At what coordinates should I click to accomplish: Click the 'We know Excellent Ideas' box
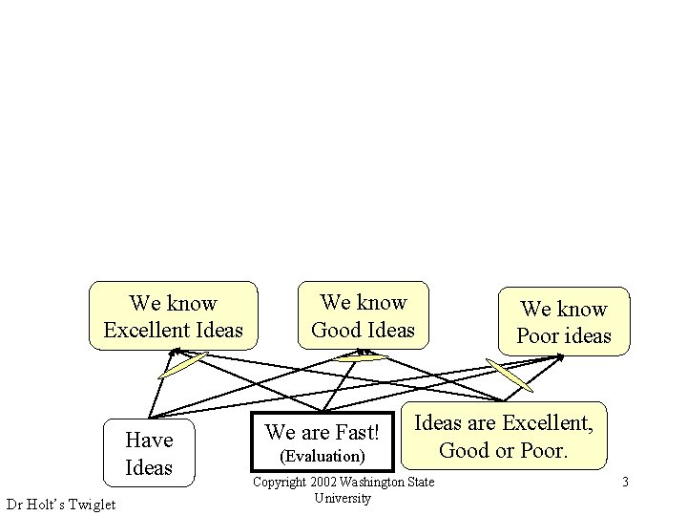[x=173, y=316]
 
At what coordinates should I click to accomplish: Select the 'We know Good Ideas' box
[x=364, y=315]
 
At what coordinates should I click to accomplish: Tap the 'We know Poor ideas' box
[x=563, y=322]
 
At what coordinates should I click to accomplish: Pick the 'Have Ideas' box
[x=149, y=453]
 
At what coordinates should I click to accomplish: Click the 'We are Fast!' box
[x=323, y=443]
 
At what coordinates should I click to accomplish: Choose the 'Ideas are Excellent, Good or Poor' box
[x=504, y=436]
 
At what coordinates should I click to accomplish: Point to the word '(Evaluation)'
[x=323, y=457]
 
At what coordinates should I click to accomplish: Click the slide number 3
[x=625, y=482]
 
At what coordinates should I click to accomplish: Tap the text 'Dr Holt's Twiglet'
[x=60, y=505]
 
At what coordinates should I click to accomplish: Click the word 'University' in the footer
[x=342, y=498]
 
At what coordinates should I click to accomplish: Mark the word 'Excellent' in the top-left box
[x=146, y=331]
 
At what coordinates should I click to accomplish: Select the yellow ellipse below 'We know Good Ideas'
[x=362, y=357]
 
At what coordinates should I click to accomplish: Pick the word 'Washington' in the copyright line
[x=377, y=482]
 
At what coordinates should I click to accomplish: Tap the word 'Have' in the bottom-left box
[x=149, y=440]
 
